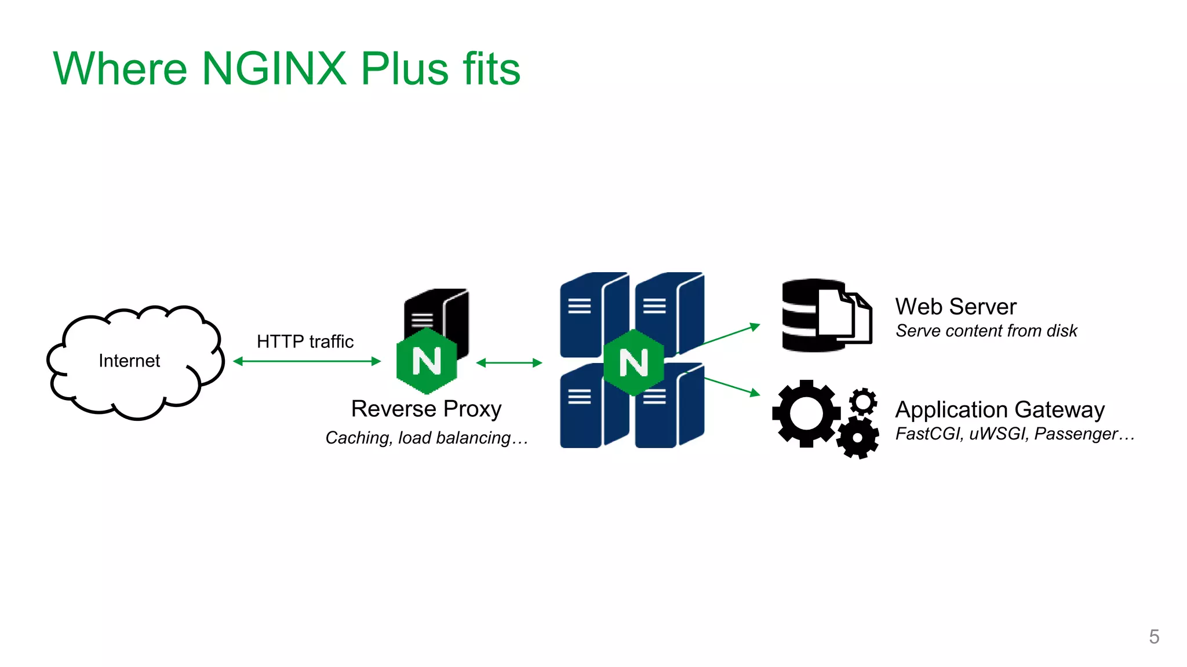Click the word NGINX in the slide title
tap(274, 69)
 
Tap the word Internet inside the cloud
tap(129, 361)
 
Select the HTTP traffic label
tap(305, 342)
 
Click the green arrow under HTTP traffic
tap(307, 361)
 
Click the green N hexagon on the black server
tap(427, 361)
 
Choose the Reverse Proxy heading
tap(426, 409)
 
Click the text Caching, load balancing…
tap(427, 438)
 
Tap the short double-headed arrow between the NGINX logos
tap(509, 363)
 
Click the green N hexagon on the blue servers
tap(633, 362)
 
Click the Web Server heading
tap(955, 306)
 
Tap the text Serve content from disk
tap(986, 331)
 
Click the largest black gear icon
tap(806, 413)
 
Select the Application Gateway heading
tap(1000, 409)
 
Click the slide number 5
tap(1154, 637)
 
